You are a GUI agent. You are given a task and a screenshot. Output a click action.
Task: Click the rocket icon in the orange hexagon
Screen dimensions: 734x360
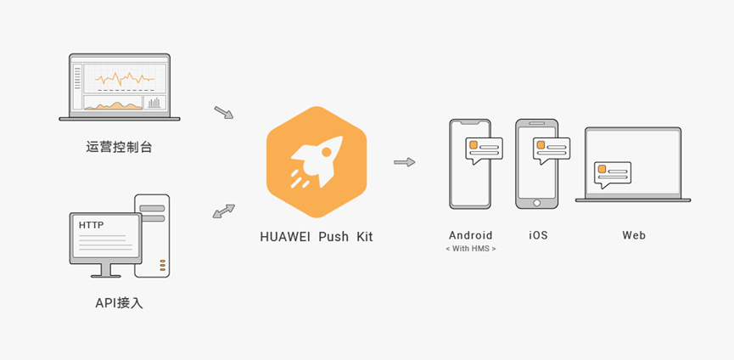coord(316,161)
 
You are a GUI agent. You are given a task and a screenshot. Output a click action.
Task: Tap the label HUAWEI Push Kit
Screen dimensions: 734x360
coord(316,237)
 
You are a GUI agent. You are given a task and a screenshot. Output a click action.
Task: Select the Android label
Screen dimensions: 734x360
coord(470,235)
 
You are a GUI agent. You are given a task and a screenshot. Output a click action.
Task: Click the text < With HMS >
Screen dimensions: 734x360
coord(470,249)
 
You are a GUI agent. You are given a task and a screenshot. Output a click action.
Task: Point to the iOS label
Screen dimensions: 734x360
coord(537,235)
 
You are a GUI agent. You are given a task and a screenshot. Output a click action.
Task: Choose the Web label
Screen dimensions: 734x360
coord(633,235)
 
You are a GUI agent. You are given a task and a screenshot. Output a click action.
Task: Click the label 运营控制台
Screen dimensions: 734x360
coord(119,147)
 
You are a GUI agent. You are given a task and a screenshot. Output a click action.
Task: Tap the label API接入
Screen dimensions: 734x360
coord(119,302)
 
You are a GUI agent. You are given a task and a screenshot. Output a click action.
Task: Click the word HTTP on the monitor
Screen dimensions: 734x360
coord(92,226)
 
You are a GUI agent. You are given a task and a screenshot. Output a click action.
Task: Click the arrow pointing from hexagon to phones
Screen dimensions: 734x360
coord(405,161)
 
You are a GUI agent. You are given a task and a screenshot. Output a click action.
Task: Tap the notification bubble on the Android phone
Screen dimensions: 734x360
coord(485,150)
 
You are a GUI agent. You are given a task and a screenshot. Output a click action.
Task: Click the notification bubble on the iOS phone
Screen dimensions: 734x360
coord(551,149)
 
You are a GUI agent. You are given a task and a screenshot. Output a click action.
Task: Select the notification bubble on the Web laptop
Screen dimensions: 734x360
coord(613,173)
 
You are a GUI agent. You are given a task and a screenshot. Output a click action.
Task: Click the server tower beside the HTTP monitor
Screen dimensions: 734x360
coord(152,236)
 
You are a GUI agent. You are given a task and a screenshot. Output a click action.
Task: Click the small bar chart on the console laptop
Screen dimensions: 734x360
coord(154,103)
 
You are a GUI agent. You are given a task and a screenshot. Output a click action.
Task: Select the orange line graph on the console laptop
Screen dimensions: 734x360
coord(124,79)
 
